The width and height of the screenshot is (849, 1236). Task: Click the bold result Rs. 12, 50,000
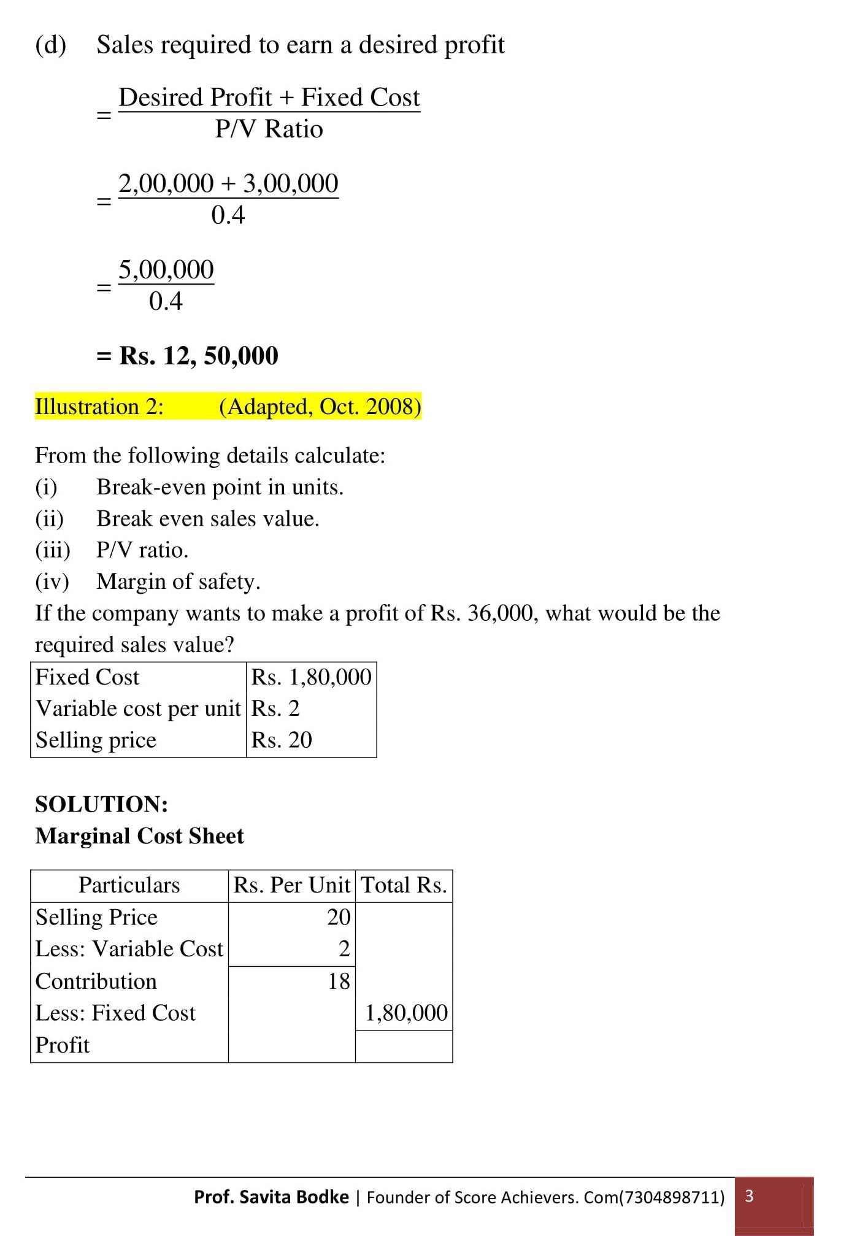click(x=198, y=356)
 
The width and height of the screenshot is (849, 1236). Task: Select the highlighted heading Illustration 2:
click(x=99, y=407)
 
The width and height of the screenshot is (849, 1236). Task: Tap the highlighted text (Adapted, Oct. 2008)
click(x=320, y=407)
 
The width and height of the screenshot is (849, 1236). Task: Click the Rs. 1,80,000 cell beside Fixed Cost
click(x=311, y=677)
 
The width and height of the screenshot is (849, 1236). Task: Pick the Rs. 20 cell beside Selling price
click(x=282, y=740)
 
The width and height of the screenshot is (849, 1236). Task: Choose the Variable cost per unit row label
click(x=138, y=708)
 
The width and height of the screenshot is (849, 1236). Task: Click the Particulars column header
click(x=129, y=885)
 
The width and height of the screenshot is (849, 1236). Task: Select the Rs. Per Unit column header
click(x=291, y=885)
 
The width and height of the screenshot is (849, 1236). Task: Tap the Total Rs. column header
click(x=404, y=885)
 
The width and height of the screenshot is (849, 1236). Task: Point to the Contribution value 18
click(x=339, y=981)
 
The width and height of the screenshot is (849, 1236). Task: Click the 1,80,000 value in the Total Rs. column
click(x=406, y=1013)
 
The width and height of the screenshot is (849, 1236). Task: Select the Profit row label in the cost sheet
click(x=63, y=1045)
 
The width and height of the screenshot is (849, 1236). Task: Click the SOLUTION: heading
click(x=101, y=804)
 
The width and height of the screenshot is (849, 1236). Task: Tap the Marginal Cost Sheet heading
click(x=139, y=836)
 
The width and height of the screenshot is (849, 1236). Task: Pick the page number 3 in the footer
click(x=748, y=1196)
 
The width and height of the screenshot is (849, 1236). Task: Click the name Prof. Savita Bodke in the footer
click(x=271, y=1197)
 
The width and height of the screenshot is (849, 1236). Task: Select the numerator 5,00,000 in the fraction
click(x=166, y=269)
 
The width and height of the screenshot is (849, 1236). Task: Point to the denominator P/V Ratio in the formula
click(x=269, y=129)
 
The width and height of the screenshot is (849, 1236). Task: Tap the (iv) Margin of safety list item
click(x=147, y=582)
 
